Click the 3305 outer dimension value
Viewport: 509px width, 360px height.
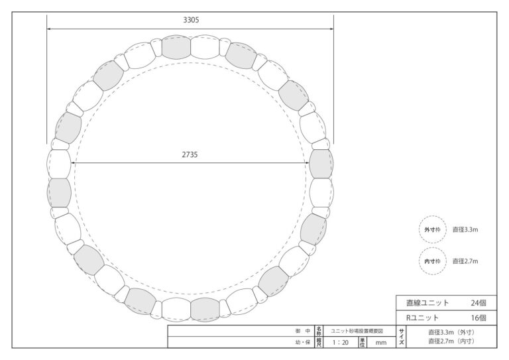pyautogui.click(x=191, y=20)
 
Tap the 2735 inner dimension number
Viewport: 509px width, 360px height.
pyautogui.click(x=190, y=154)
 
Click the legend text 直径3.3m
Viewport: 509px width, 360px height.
pyautogui.click(x=465, y=229)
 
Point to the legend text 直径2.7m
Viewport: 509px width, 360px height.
pyautogui.click(x=465, y=261)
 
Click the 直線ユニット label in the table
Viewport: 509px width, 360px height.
pyautogui.click(x=427, y=303)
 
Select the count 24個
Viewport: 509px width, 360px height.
pyautogui.click(x=479, y=303)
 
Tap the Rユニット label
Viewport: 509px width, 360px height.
pyautogui.click(x=423, y=318)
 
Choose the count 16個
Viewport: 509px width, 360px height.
pyautogui.click(x=479, y=318)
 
